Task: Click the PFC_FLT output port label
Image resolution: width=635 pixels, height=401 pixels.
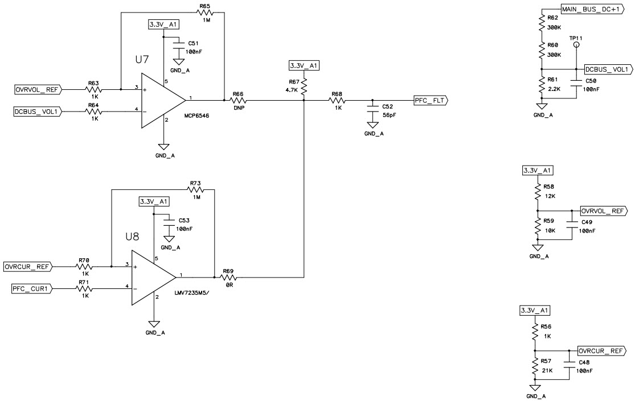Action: click(x=431, y=101)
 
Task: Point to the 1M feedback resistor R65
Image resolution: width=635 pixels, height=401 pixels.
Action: click(x=204, y=13)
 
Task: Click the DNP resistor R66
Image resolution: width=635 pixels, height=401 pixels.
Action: click(x=238, y=101)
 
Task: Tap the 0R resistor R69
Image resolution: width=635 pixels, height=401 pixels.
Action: click(x=229, y=278)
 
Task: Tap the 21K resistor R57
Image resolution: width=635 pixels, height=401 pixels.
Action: click(x=535, y=369)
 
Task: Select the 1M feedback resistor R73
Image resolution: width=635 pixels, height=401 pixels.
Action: click(x=195, y=190)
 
